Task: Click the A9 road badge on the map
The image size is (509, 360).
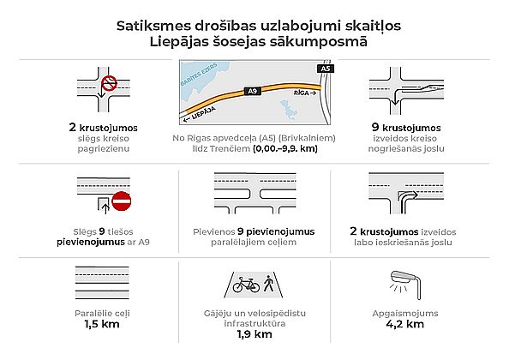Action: [x=253, y=91]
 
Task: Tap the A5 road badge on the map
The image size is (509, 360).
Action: [x=326, y=69]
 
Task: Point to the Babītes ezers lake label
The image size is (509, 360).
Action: [x=198, y=75]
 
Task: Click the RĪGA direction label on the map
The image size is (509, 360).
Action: [x=304, y=93]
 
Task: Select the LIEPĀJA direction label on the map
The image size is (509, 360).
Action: [x=200, y=114]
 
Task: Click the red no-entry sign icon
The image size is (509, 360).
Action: [x=121, y=201]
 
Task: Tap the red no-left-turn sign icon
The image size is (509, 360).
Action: [x=109, y=83]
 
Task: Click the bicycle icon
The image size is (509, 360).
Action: [x=246, y=285]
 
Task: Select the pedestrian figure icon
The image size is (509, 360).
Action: [x=269, y=283]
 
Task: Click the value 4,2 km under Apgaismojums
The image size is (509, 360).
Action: [x=404, y=324]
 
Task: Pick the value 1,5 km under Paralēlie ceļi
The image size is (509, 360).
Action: [x=102, y=324]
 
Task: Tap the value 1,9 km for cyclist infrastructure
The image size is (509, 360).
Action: [x=254, y=334]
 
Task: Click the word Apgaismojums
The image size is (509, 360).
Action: [x=405, y=314]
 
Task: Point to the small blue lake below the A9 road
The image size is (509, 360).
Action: [x=289, y=110]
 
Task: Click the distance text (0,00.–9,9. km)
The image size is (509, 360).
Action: [x=285, y=148]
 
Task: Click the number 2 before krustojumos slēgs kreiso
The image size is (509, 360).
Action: [x=72, y=127]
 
